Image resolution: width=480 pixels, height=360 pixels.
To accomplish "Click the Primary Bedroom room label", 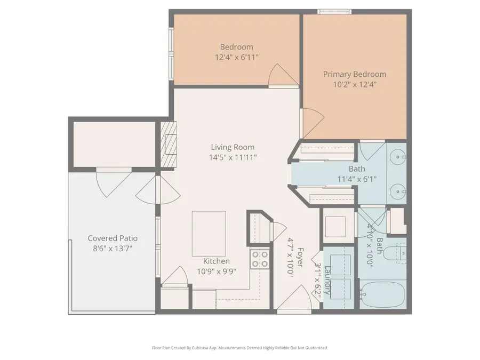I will [355, 74].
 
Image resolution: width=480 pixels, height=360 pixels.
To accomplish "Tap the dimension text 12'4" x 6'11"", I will [237, 57].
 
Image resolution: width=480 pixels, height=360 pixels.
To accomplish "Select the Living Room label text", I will [233, 147].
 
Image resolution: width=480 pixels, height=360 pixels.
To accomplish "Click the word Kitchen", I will [217, 261].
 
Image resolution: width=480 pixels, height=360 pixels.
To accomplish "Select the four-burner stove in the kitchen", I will [260, 259].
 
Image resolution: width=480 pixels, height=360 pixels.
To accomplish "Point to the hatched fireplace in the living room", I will [168, 144].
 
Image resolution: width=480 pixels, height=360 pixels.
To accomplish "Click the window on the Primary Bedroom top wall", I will [334, 11].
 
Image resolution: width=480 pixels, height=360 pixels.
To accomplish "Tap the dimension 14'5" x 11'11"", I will [233, 157].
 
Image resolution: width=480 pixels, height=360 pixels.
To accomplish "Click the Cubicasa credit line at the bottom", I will [240, 348].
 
